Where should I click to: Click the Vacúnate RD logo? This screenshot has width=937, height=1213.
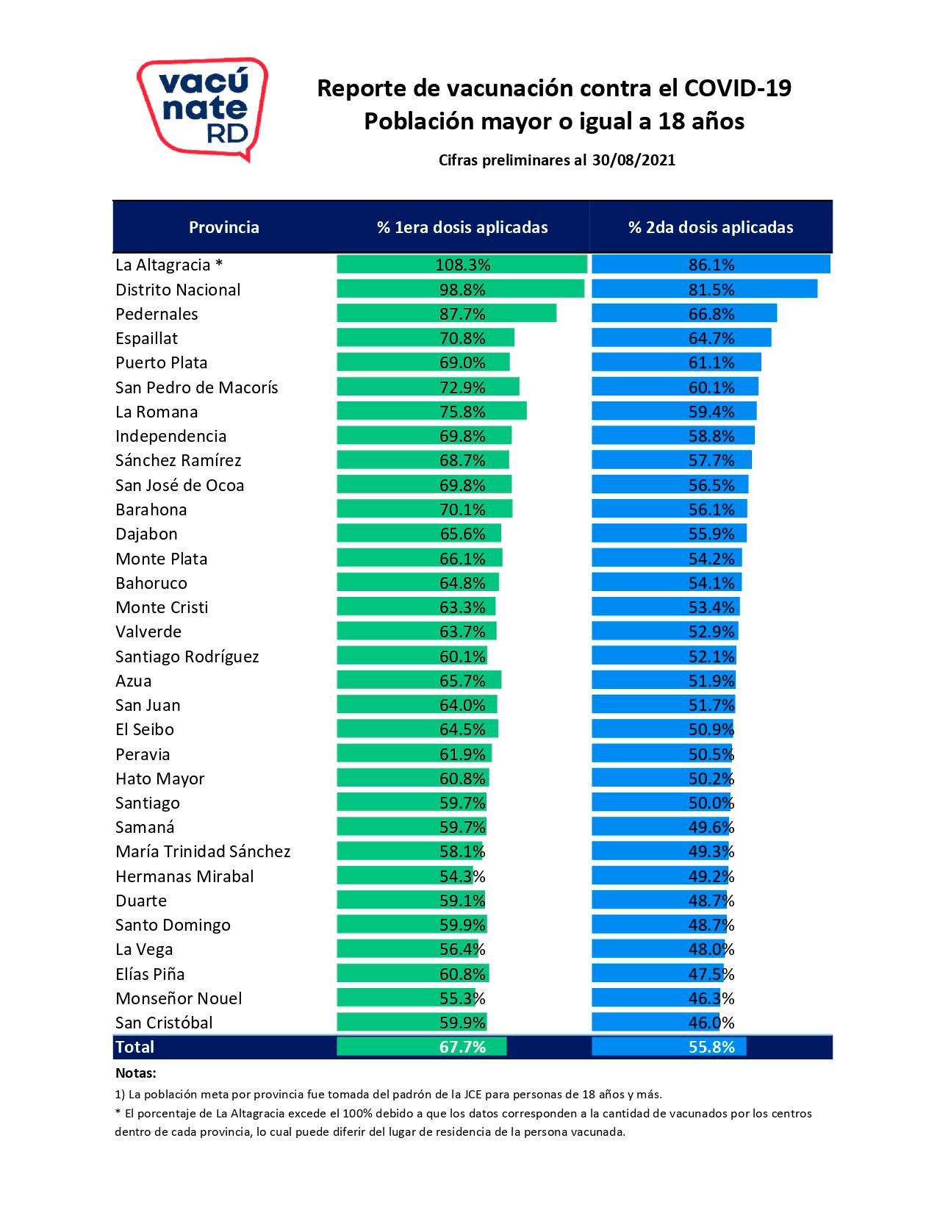point(202,109)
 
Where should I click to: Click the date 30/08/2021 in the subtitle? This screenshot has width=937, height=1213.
point(633,160)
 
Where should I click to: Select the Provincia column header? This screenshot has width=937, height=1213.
point(224,227)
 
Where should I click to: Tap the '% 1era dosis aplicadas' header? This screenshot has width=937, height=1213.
point(462,227)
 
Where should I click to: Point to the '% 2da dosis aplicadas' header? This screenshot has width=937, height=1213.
point(711,227)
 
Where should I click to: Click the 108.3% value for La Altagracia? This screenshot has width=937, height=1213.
point(462,265)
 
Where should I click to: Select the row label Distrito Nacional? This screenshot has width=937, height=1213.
point(178,290)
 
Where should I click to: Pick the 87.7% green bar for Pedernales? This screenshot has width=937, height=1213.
point(447,314)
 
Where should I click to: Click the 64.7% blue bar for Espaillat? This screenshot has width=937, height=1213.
point(681,338)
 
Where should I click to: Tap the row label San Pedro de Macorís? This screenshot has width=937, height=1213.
point(197,387)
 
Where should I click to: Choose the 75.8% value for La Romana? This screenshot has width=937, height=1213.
point(462,412)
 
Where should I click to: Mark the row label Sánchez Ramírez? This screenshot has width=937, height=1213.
point(179,460)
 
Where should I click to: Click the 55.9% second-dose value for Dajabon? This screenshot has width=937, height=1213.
point(711,534)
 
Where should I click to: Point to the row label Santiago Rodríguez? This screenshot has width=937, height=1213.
point(187,656)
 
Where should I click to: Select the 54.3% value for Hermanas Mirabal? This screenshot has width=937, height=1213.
point(462,876)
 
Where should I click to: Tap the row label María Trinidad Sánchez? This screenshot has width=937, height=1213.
point(203,851)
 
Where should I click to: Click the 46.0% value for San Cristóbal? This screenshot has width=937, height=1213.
point(711,1023)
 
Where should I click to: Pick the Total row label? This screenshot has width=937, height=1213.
point(135,1047)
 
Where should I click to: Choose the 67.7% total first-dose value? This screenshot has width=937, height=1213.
point(462,1047)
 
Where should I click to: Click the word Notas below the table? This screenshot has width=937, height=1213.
point(136,1073)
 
